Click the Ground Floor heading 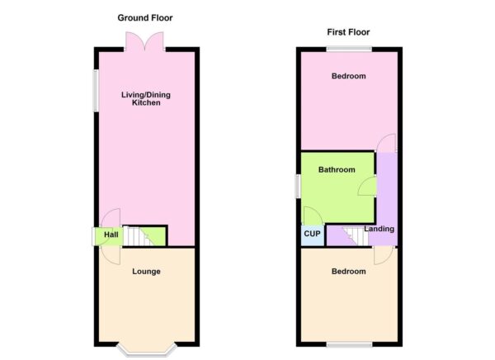point(145,17)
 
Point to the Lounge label point(146,271)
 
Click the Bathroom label point(337,170)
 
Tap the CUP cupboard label point(312,234)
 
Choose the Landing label point(379,229)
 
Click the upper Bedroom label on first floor point(349,76)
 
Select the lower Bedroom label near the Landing point(348,271)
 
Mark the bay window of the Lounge point(146,350)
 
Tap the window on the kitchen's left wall point(95,89)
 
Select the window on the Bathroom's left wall point(299,187)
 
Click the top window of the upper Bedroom point(348,48)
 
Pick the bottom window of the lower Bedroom point(349,344)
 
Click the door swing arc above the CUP point(310,215)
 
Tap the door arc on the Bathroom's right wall point(366,186)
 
